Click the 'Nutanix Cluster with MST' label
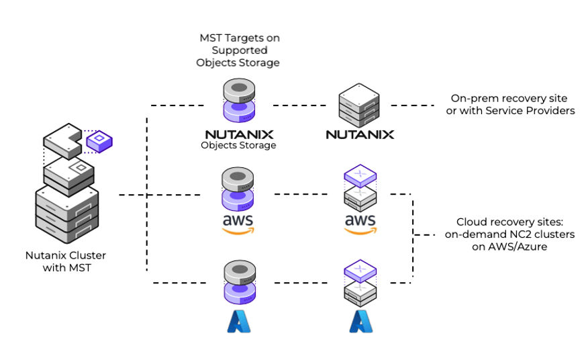66,261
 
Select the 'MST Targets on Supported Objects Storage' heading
240,50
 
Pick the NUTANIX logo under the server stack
360,134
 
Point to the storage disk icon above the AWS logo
239,189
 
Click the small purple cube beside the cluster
99,141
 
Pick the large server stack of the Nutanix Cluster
66,214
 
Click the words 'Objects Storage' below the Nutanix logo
238,145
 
